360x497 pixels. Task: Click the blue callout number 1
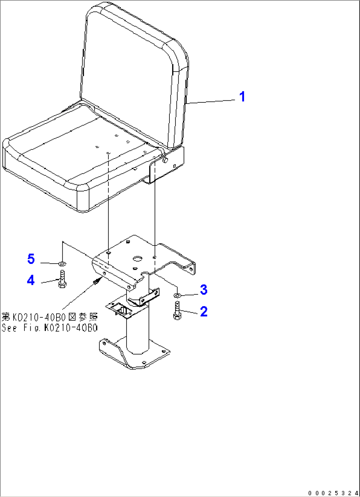[x=242, y=97]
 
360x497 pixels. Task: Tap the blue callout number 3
[x=203, y=290]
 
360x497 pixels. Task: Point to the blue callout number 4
[x=31, y=280]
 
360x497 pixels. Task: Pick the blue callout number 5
[x=31, y=259]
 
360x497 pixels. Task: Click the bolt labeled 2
[x=177, y=311]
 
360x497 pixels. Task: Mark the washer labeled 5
[x=62, y=264]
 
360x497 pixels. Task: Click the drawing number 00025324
[x=334, y=493]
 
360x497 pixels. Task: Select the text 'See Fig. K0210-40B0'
[x=50, y=328]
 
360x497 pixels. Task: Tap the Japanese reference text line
[x=50, y=317]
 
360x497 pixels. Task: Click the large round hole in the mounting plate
[x=138, y=259]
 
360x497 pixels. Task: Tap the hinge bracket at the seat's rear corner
[x=166, y=165]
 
